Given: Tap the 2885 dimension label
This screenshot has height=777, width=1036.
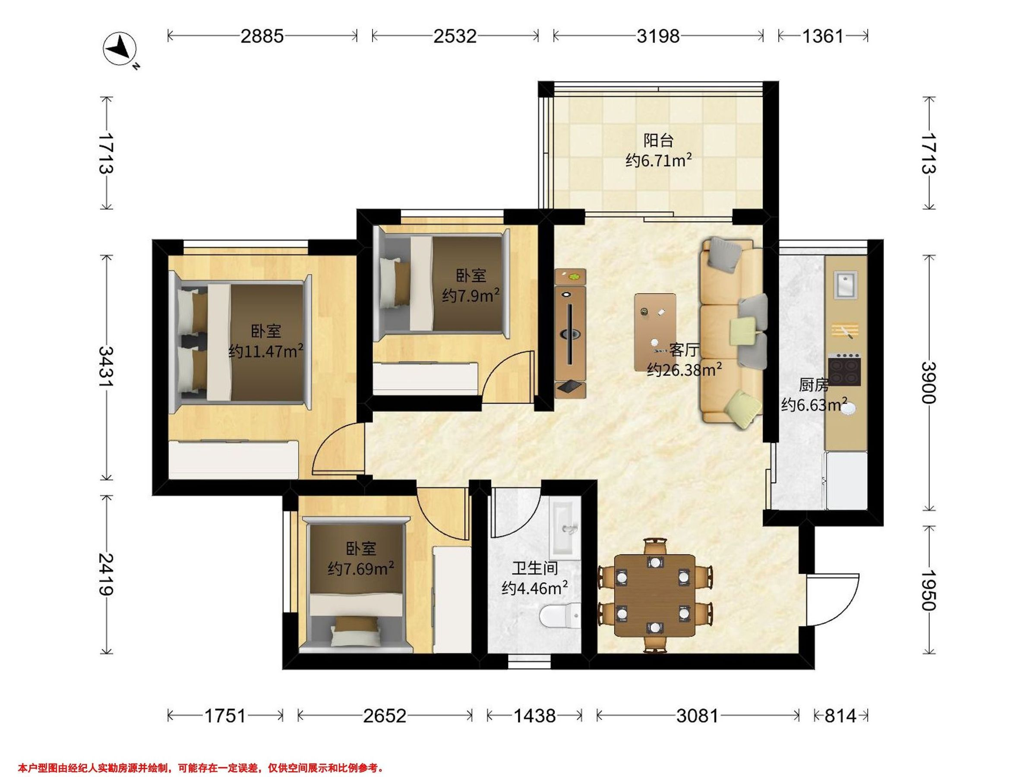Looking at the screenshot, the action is tap(262, 36).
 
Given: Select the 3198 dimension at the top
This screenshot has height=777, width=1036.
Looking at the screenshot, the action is tap(657, 36).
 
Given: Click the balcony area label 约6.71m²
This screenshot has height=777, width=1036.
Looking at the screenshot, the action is tap(658, 161).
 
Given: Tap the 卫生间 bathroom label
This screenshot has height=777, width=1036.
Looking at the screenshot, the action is tap(534, 569).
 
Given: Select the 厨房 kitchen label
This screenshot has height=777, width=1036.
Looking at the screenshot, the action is tap(814, 385).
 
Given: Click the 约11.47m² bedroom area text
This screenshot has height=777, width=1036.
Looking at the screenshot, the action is tap(265, 351).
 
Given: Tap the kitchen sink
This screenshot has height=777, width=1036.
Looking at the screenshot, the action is tap(845, 283).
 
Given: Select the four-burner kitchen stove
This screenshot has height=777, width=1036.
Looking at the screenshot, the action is tap(844, 370).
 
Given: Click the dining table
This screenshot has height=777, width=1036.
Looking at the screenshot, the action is tap(655, 596).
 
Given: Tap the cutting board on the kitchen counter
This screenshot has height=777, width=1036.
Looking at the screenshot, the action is tap(844, 331).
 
